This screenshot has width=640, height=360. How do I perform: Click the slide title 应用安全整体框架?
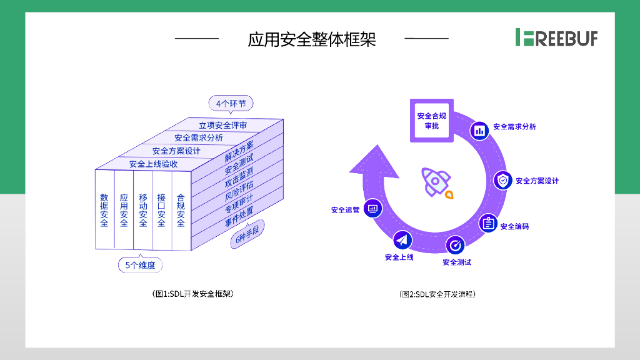312,39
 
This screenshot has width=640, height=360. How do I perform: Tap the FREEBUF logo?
556,37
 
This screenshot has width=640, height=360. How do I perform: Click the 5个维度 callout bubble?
141,265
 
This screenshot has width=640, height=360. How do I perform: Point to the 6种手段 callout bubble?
247,239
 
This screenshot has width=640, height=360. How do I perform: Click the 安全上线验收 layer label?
153,164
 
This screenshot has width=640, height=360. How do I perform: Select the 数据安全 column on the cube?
104,209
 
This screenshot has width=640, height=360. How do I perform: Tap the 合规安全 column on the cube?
181,209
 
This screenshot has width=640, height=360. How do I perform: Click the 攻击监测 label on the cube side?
239,177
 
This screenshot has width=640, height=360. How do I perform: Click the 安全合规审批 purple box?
431,120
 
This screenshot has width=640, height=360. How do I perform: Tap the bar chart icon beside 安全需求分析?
480,130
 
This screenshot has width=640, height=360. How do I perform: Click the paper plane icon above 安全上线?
402,240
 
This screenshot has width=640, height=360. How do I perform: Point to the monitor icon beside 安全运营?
373,208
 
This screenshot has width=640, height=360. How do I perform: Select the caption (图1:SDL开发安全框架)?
189,293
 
